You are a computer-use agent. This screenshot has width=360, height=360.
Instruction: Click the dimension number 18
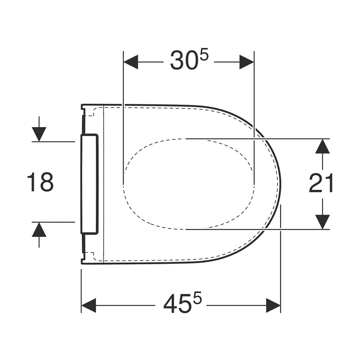(40, 182)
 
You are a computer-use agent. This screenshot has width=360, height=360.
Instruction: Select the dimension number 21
(321, 183)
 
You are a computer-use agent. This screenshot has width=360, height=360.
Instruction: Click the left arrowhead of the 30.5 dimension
(130, 62)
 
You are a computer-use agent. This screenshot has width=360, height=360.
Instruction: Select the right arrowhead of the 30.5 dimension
(247, 62)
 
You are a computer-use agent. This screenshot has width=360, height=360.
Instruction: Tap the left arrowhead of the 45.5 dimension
(89, 305)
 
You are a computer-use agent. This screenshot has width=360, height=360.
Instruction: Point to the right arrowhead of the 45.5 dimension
(273, 305)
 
